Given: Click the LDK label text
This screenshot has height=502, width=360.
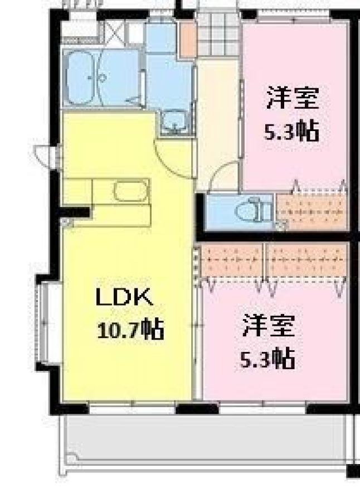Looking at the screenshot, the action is [x=124, y=297].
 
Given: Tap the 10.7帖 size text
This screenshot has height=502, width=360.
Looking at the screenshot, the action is [x=130, y=329].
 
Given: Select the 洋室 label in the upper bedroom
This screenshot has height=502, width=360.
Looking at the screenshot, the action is [x=293, y=98].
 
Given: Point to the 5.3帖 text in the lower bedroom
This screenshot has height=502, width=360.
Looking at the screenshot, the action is [x=267, y=359].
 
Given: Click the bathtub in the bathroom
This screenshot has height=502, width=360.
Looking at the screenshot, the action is [x=80, y=78].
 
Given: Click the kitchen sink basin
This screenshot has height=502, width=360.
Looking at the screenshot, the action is [x=131, y=191].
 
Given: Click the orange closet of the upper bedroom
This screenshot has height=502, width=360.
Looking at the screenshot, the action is [x=312, y=211].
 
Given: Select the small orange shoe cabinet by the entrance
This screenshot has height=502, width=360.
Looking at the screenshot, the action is [x=188, y=40].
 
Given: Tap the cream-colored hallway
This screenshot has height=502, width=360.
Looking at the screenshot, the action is [x=218, y=122].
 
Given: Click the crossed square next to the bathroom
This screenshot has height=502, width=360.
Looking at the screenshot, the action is [x=114, y=32].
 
